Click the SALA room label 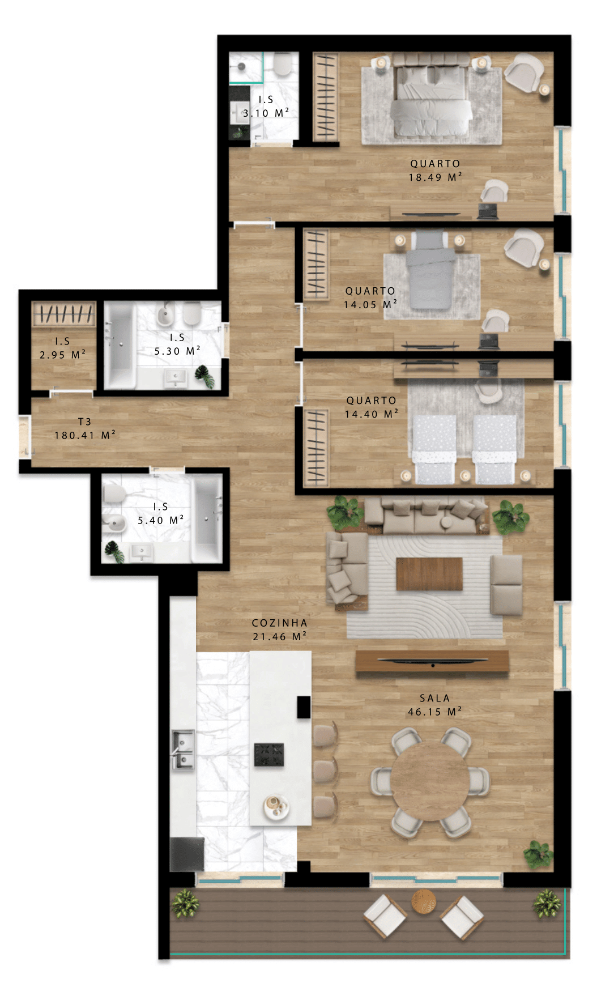[434, 698]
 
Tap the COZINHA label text [279, 623]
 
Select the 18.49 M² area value [435, 177]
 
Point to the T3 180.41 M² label [85, 428]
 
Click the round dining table [430, 781]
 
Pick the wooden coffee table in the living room [429, 574]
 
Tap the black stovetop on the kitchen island [269, 755]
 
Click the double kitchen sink [182, 750]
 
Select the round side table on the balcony [424, 901]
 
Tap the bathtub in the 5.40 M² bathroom [208, 519]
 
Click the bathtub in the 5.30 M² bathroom [120, 345]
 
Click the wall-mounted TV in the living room [433, 661]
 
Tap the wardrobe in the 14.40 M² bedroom [316, 448]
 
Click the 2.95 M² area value [62, 355]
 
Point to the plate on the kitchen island [276, 806]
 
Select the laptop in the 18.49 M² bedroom [487, 211]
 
